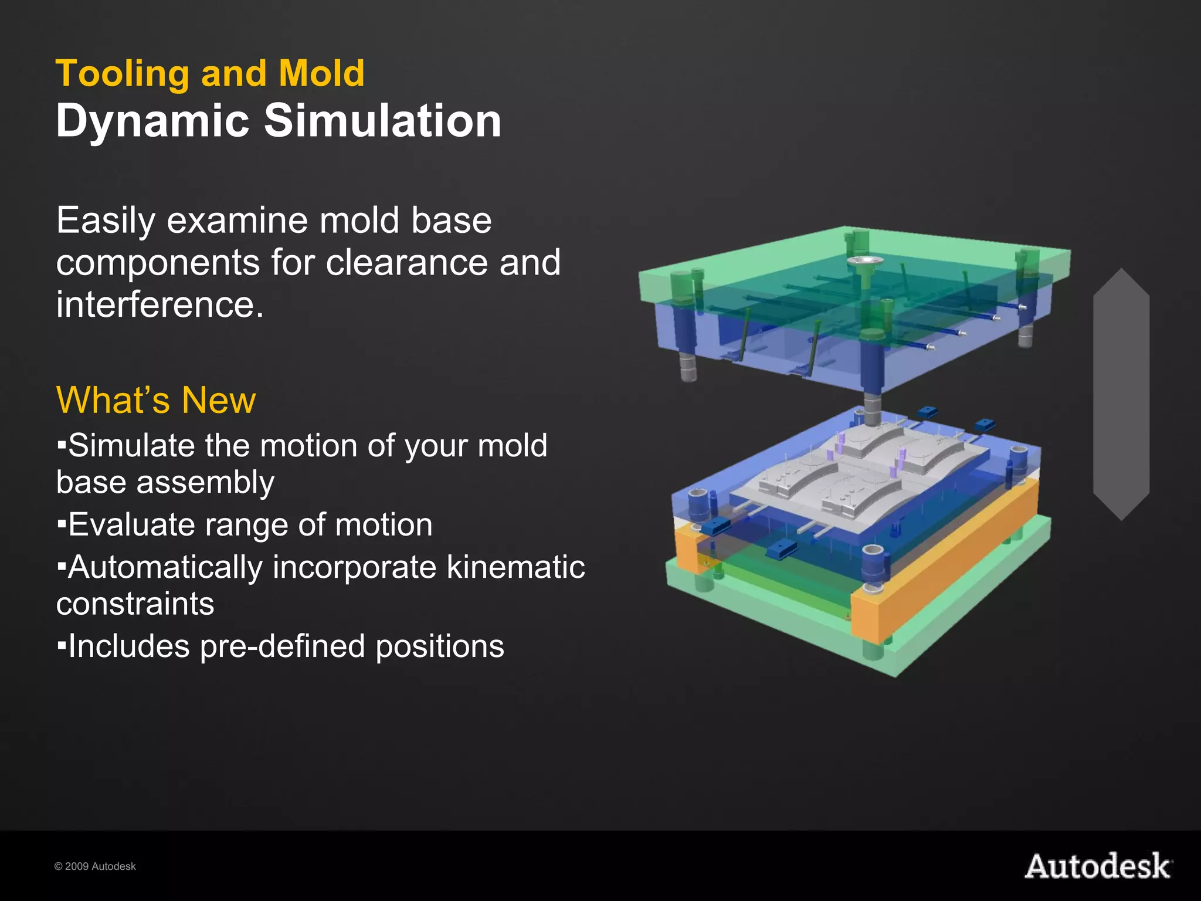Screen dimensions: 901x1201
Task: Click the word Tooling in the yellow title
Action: [x=121, y=74]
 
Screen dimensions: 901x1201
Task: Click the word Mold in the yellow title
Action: [x=321, y=74]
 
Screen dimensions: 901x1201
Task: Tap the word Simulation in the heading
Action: [x=382, y=121]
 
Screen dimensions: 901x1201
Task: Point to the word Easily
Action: [x=106, y=222]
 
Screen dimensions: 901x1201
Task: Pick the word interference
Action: [x=160, y=304]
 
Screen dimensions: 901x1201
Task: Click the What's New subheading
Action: [x=156, y=401]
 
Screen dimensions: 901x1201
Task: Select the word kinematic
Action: [x=515, y=567]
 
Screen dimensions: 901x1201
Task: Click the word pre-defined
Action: [x=282, y=646]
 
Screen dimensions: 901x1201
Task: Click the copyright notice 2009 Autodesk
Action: [x=95, y=866]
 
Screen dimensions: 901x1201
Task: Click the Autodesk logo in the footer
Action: [x=1098, y=866]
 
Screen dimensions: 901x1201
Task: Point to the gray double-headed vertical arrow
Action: [x=1121, y=394]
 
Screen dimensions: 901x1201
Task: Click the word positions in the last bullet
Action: [x=439, y=646]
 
